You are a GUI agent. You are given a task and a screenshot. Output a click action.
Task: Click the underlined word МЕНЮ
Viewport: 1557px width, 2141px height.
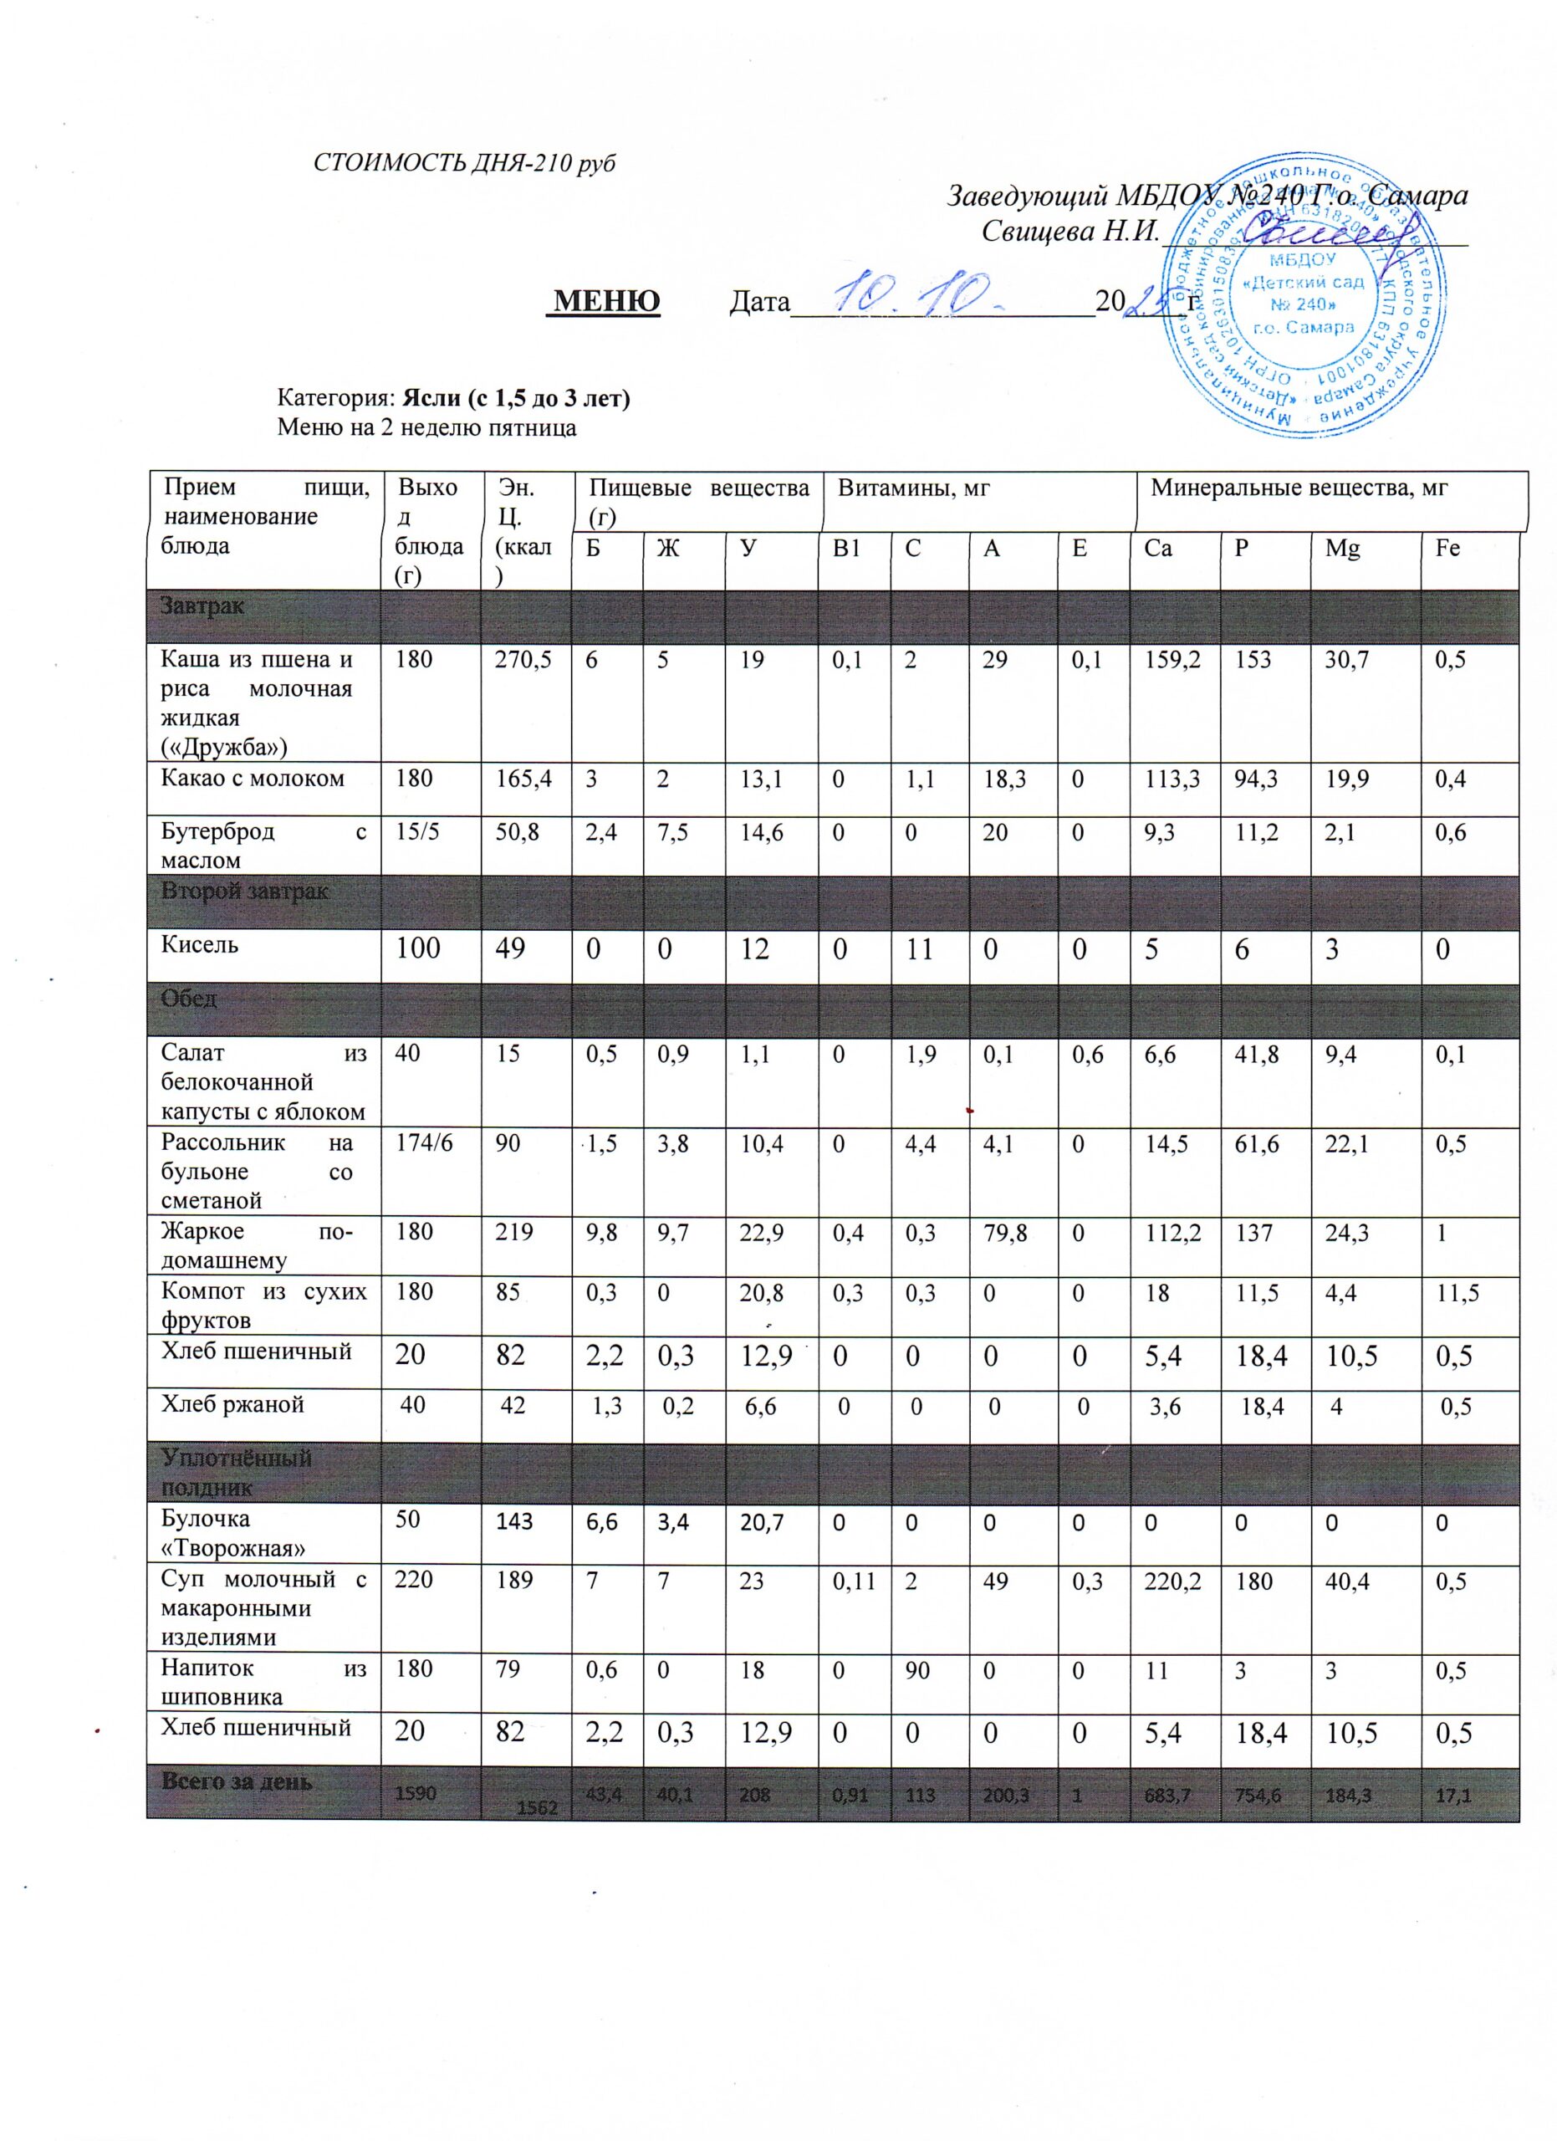pos(605,300)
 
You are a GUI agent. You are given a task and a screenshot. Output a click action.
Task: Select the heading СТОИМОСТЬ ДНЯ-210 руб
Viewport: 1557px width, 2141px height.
pos(463,162)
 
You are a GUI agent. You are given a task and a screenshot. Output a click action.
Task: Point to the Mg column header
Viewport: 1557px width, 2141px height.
pos(1342,549)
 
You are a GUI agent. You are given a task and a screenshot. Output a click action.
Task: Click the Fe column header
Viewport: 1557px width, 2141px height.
pos(1447,549)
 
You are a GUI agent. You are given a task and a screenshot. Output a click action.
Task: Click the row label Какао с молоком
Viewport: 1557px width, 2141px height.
pos(252,779)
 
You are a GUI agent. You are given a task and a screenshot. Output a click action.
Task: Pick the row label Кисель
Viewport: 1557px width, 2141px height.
pos(199,945)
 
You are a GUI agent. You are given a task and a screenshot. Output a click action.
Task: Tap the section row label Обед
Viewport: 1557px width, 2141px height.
pos(189,999)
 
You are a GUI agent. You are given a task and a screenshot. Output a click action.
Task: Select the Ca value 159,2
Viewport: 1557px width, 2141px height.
pos(1173,659)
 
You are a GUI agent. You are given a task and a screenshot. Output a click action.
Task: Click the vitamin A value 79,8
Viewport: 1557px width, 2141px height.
pos(1005,1233)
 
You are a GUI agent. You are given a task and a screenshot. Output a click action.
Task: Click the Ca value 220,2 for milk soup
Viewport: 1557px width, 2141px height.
pos(1173,1582)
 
